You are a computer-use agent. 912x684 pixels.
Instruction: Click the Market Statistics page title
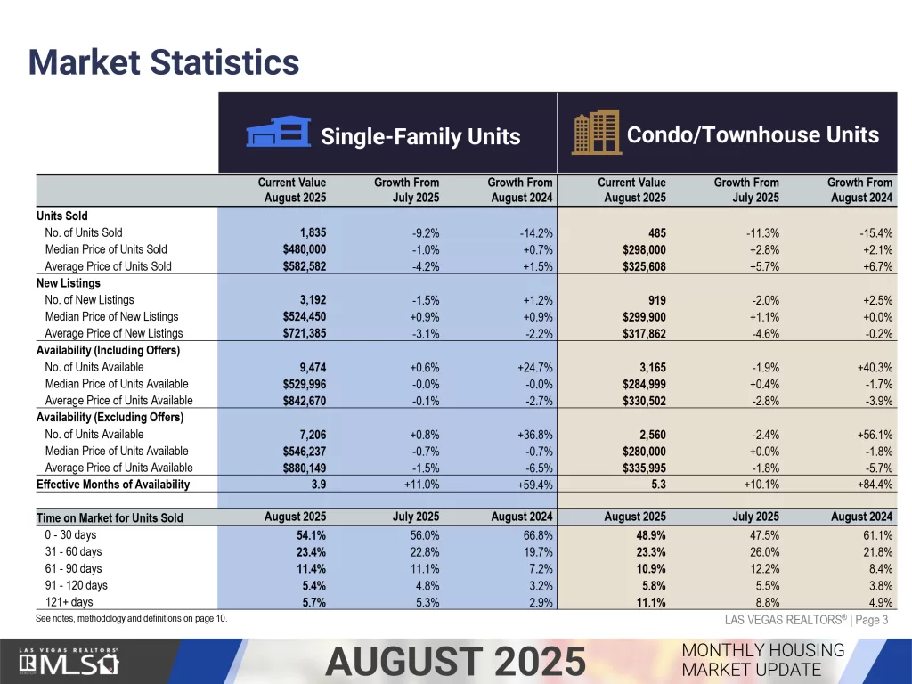pos(163,63)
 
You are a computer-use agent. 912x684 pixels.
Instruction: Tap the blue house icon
pos(277,134)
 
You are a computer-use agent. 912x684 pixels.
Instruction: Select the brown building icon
pos(596,133)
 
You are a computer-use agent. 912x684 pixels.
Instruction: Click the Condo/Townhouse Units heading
pos(753,135)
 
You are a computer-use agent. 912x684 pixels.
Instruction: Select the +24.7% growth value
pos(534,367)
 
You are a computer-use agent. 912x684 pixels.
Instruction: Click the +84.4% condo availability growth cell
pos(874,484)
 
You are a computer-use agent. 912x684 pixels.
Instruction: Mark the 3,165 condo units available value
pos(647,367)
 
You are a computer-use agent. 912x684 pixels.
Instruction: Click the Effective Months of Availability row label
pos(113,484)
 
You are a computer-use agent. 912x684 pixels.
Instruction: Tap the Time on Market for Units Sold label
pos(110,517)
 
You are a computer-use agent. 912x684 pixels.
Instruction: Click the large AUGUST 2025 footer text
pos(455,662)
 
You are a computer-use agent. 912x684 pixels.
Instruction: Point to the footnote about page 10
pos(132,618)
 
